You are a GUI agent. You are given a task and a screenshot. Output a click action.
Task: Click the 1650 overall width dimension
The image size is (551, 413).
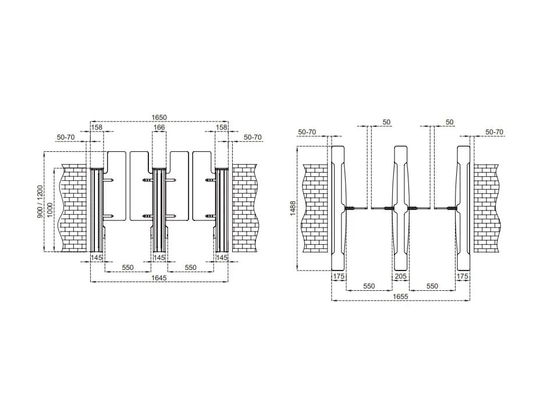[159, 118]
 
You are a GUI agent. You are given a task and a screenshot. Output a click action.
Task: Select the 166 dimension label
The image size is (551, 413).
[159, 127]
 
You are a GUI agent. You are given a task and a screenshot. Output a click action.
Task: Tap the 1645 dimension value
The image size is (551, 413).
[159, 278]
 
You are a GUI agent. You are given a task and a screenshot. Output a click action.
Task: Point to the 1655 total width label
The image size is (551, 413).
[400, 297]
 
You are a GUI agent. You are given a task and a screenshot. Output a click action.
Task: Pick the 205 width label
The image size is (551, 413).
[401, 276]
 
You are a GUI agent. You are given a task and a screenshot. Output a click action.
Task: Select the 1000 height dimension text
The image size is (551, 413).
[50, 209]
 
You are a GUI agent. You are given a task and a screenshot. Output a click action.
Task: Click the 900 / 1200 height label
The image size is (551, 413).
[40, 202]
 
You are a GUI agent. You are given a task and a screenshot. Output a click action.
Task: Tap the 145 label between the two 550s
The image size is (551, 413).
[159, 258]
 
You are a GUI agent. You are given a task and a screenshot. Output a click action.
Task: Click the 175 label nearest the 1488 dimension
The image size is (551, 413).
[339, 276]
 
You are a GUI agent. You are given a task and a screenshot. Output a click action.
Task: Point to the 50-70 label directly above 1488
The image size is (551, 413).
[307, 132]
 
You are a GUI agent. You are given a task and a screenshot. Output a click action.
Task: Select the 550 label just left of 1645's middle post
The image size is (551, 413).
[128, 268]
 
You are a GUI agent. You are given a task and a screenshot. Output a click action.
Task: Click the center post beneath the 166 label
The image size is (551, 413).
[159, 209]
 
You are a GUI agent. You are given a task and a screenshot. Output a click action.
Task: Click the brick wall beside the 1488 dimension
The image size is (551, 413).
[315, 208]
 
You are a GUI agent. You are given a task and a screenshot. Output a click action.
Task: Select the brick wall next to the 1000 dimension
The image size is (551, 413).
[73, 208]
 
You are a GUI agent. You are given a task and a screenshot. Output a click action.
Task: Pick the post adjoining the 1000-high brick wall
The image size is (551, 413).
[96, 209]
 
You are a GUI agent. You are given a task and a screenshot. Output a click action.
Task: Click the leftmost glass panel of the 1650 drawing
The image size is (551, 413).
[116, 186]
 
